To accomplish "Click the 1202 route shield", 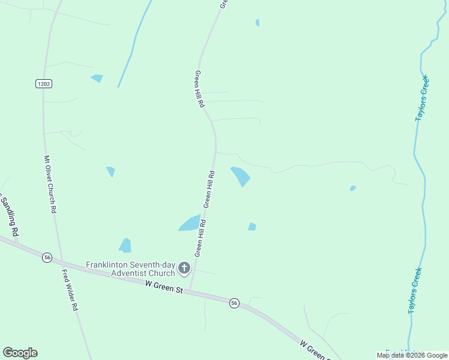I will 43,83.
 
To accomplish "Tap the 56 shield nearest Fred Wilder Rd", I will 47,257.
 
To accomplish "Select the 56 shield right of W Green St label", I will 234,304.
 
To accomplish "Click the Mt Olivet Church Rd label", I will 50,185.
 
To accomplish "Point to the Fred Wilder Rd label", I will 70,290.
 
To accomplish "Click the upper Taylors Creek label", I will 422,98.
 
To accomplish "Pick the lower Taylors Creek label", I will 415,290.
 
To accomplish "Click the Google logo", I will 20,353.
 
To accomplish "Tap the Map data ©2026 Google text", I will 412,355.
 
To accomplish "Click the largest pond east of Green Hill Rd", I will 241,176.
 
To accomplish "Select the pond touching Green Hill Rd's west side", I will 190,223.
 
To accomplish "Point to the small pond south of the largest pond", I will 252,226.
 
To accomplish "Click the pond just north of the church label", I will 125,245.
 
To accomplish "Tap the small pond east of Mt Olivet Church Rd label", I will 110,172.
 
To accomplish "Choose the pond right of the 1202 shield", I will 97,78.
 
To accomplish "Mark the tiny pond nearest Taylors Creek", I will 353,188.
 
